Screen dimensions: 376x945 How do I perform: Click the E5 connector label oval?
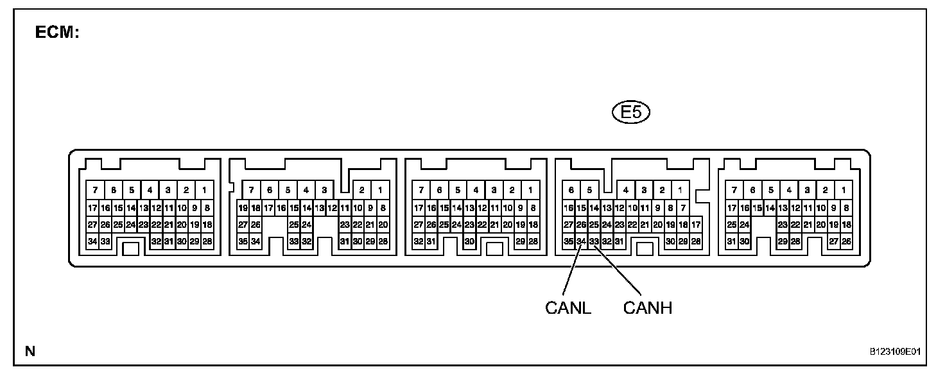point(632,113)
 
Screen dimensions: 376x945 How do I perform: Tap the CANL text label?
point(568,308)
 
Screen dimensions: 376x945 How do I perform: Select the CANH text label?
point(647,308)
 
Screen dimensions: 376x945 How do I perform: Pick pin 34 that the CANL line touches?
point(581,241)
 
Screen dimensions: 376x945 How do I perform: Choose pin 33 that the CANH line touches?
point(594,241)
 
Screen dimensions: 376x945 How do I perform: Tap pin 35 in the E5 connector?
point(568,241)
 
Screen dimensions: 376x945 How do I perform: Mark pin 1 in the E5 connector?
point(679,190)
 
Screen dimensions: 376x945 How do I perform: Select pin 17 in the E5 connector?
point(696,225)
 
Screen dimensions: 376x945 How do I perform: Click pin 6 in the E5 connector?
point(571,190)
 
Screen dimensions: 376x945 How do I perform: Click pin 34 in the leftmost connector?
point(92,241)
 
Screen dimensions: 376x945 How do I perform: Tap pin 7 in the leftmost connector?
point(95,190)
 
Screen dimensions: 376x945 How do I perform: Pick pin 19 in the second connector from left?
point(243,208)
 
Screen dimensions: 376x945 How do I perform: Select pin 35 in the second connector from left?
point(243,241)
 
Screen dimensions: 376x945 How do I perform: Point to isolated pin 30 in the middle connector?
point(469,241)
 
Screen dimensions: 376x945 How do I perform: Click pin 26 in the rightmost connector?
point(846,241)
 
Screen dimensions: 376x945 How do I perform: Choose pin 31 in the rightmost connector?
point(731,241)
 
